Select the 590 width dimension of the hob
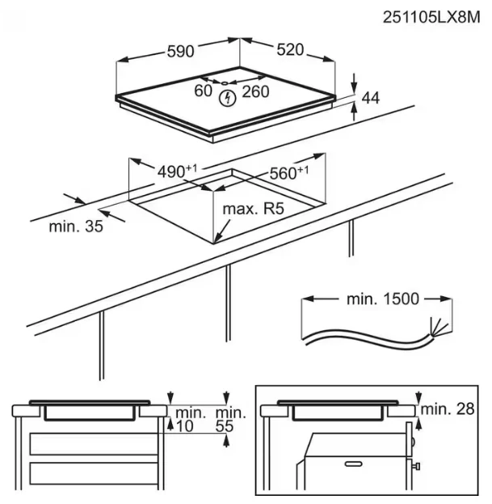(x=179, y=51)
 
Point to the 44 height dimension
(x=370, y=98)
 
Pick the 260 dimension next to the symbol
(x=255, y=91)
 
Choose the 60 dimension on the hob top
(x=203, y=91)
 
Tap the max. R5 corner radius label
(x=254, y=210)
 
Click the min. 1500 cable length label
(x=383, y=299)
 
